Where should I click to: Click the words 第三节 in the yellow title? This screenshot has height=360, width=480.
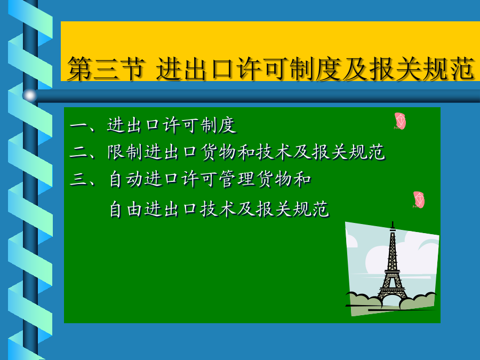point(106,68)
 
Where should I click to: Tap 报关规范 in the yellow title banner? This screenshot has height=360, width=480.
point(422,68)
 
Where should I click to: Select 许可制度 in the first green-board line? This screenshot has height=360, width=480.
point(199,125)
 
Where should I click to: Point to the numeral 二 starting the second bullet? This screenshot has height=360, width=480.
point(79,152)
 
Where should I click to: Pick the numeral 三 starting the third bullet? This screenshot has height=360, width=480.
point(79,179)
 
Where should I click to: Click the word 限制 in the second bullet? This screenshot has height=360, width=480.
point(125,152)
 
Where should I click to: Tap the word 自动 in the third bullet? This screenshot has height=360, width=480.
point(125,179)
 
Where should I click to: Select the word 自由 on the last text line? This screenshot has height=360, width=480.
point(125,209)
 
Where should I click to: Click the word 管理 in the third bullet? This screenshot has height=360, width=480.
point(237,179)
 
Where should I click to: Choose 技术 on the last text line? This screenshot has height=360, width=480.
point(218,209)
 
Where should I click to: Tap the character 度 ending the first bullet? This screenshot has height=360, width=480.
point(227,125)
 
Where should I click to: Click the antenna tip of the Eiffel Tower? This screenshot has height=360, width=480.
point(393,222)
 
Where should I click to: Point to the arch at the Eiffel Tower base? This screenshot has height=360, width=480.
point(392,294)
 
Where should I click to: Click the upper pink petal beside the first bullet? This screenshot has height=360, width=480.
point(400,121)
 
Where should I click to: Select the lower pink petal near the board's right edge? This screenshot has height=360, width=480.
point(419,200)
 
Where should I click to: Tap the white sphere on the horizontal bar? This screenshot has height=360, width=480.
point(30,95)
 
